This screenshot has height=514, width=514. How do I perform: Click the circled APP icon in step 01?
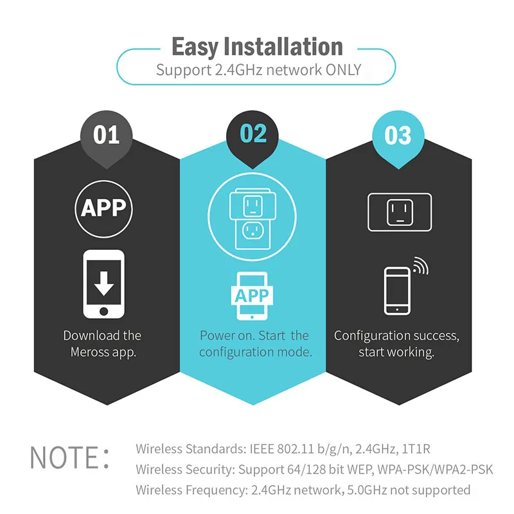click(x=103, y=209)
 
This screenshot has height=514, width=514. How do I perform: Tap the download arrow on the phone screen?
click(x=104, y=283)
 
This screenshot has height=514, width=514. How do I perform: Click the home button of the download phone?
click(x=103, y=311)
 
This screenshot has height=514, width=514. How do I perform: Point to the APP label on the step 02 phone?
click(x=252, y=296)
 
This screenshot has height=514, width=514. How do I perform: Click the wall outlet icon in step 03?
click(x=400, y=212)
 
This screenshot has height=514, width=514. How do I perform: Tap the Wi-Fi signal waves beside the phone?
click(x=421, y=265)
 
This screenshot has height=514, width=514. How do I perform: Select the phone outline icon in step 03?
click(x=397, y=291)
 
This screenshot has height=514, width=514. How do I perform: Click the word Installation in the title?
click(x=283, y=46)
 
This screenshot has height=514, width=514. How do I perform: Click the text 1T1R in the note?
click(x=416, y=448)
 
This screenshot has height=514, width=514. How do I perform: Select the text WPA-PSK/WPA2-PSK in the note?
click(x=435, y=470)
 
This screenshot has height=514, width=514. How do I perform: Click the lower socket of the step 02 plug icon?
click(x=253, y=231)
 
